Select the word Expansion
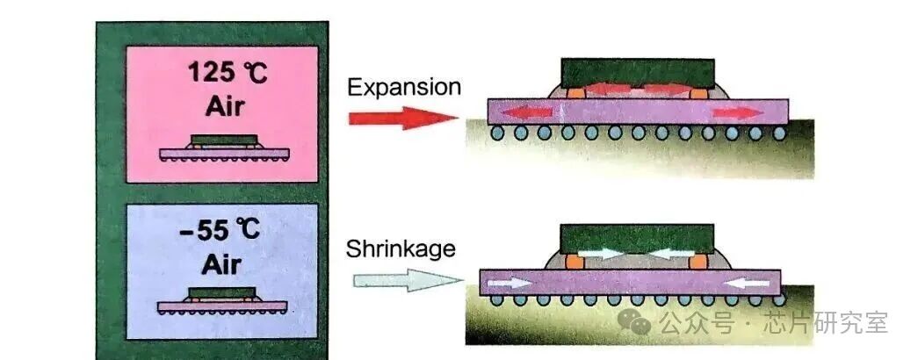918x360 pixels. pos(403,87)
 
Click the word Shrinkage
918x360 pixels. pos(401,248)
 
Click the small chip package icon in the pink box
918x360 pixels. pos(225,148)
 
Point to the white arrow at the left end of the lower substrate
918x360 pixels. pos(510,283)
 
